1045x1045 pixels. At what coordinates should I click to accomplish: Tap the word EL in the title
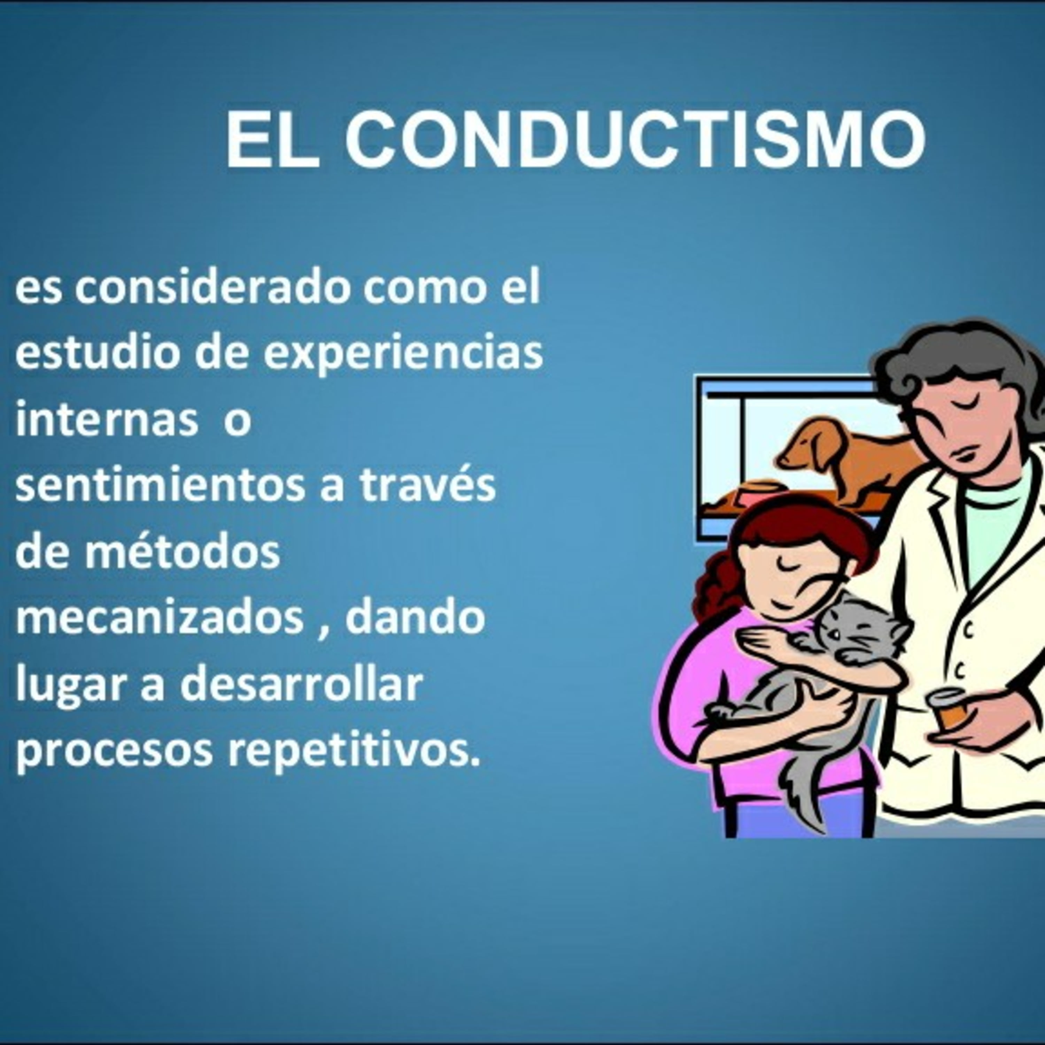(x=272, y=140)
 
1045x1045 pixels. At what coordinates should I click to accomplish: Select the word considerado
(x=212, y=287)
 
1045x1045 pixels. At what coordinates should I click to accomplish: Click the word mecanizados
(x=160, y=617)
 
